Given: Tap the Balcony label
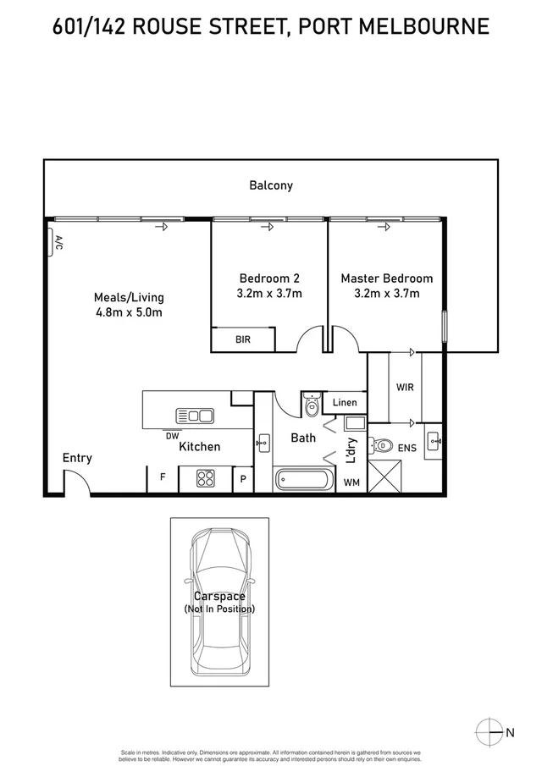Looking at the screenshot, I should (271, 185).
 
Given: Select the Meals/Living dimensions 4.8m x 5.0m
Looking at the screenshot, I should (129, 311).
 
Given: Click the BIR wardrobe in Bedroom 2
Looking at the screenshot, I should (242, 340).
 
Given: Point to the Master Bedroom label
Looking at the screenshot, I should (386, 278).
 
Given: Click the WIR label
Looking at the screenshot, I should (405, 388).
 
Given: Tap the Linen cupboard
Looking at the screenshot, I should (345, 402).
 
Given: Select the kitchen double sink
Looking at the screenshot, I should (195, 416).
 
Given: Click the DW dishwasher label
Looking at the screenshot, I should (172, 436).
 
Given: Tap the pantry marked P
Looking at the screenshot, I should (243, 479).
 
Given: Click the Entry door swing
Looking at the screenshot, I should (75, 483).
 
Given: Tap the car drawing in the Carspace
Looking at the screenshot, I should (219, 601).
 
